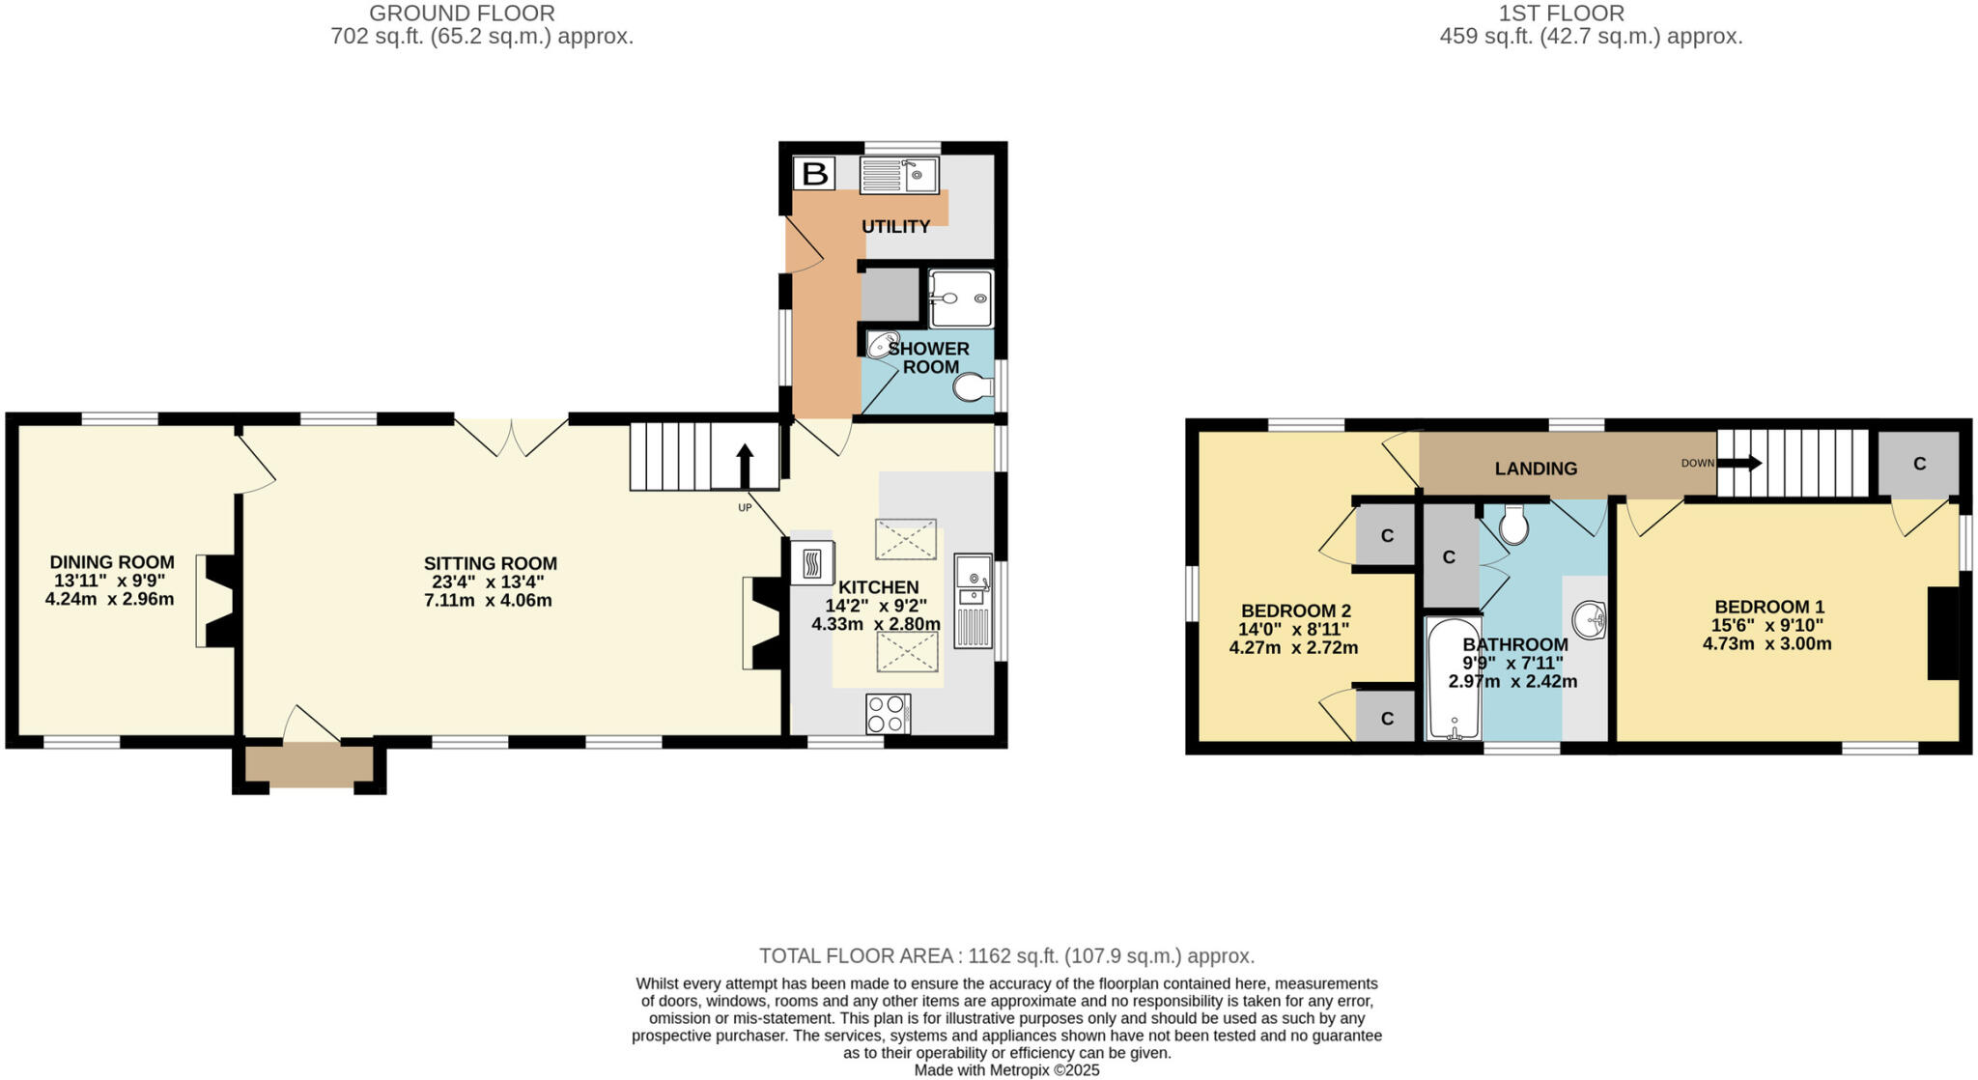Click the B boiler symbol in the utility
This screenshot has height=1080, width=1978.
814,174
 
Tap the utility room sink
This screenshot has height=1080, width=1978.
899,176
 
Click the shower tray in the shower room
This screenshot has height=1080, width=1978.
960,298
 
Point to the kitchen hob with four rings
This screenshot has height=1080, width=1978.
888,714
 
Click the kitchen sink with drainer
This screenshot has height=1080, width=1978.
973,600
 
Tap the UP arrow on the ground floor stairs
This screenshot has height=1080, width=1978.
745,466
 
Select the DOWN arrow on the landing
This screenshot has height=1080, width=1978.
1738,463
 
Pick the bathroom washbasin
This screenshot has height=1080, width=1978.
1589,619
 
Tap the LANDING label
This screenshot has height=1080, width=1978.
1536,469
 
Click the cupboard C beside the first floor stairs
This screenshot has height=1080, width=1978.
1919,464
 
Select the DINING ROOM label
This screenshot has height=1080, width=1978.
112,562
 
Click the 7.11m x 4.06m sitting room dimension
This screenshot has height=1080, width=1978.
488,601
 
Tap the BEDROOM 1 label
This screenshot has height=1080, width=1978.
1769,607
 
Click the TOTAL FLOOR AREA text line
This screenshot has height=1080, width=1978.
1006,956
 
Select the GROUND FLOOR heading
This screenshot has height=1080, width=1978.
462,14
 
